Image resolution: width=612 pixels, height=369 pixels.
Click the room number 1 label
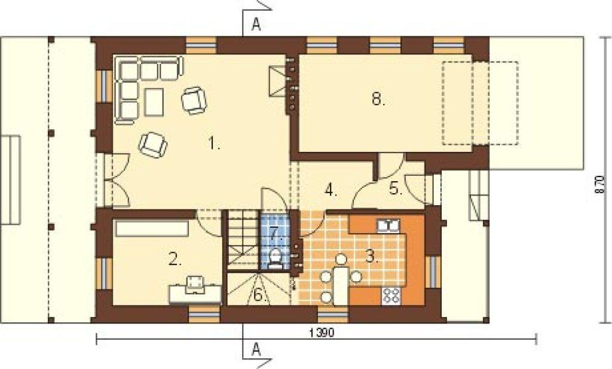click(213, 144)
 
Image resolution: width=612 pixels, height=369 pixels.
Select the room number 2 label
click(175, 259)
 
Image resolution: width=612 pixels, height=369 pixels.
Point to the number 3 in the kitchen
click(371, 256)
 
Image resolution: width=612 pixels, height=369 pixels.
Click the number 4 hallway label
click(330, 191)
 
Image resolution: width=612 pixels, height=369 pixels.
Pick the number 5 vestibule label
click(396, 190)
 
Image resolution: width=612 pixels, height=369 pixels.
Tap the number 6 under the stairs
click(259, 295)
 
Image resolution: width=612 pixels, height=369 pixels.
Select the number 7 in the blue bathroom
click(276, 233)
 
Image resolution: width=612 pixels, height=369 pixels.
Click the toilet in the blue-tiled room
click(276, 259)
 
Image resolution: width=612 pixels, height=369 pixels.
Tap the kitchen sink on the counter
click(388, 225)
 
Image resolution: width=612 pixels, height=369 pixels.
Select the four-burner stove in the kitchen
click(391, 295)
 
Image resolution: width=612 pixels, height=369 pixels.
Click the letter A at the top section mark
click(256, 25)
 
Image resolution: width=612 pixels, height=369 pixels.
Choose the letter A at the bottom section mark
click(256, 348)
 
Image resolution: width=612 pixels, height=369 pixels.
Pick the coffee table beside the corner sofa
click(154, 102)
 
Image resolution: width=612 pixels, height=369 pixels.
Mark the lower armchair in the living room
click(153, 145)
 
